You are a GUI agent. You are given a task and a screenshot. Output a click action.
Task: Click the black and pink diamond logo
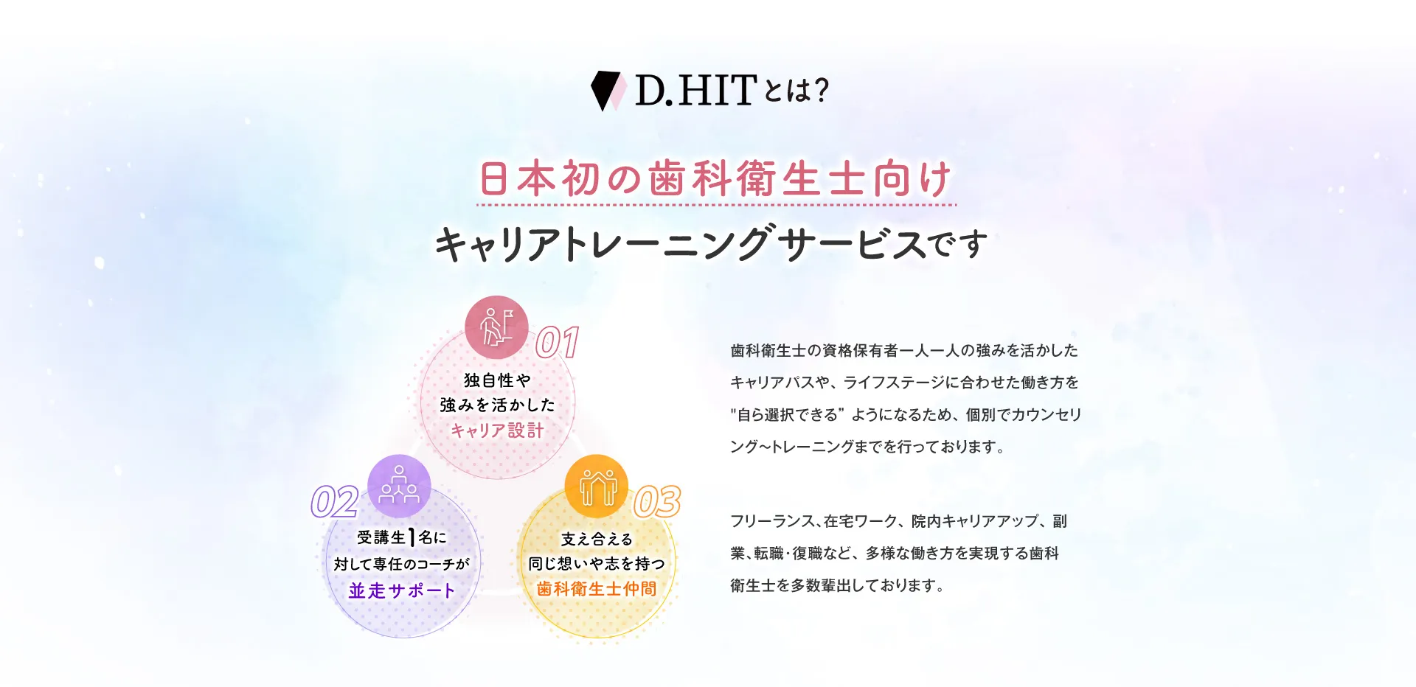tap(608, 91)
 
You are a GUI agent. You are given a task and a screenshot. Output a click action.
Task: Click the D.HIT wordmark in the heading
tap(695, 90)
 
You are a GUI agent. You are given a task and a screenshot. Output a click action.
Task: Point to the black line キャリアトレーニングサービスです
tap(711, 244)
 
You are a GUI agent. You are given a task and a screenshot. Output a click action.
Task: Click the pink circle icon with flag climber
tap(496, 327)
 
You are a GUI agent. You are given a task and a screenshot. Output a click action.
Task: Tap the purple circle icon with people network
tap(399, 486)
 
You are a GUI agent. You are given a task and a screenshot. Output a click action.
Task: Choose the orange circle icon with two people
tap(597, 487)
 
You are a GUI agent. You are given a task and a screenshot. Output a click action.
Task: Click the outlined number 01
tap(557, 343)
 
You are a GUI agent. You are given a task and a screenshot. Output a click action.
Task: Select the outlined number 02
tap(335, 502)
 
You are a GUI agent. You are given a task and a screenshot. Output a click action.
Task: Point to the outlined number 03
tap(657, 501)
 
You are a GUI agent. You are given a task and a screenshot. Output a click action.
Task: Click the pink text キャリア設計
tap(497, 430)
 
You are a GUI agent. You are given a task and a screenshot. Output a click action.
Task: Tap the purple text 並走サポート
tap(402, 590)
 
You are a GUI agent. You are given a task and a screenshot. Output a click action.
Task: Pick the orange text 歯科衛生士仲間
tap(597, 588)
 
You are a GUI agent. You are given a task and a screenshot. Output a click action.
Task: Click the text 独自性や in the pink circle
tap(497, 380)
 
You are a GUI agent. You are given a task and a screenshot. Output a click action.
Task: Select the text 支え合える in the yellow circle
tap(597, 540)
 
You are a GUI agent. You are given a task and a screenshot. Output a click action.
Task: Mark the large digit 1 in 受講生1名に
tap(412, 537)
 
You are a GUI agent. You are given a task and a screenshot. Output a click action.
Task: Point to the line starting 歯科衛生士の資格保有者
tap(904, 350)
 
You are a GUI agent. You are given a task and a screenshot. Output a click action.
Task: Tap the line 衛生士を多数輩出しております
tap(837, 585)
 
